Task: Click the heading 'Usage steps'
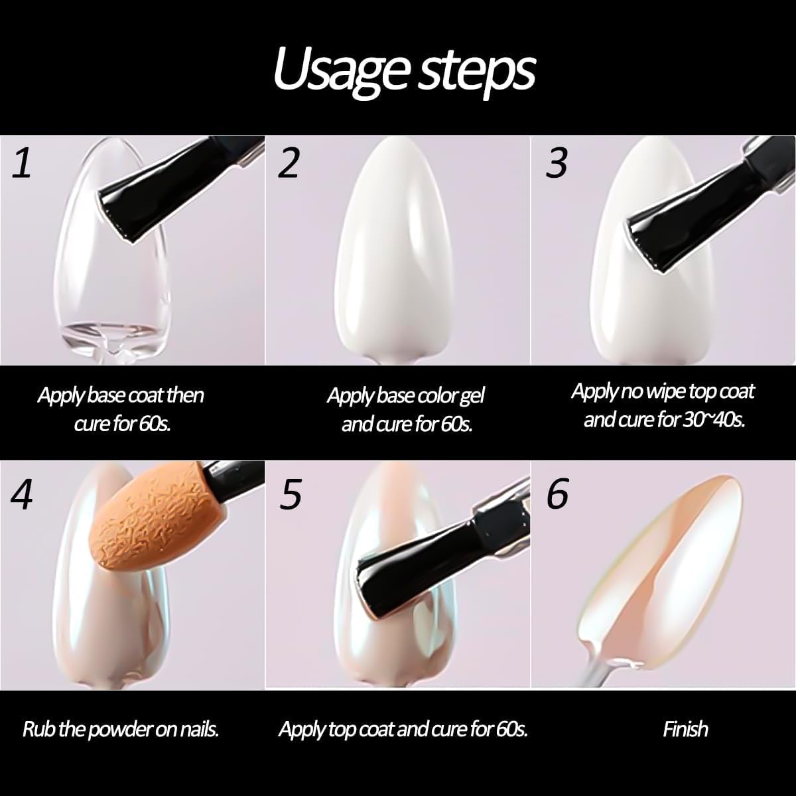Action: [x=403, y=70]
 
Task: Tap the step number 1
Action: [x=22, y=163]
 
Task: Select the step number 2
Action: [x=288, y=163]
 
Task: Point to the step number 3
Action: [x=557, y=163]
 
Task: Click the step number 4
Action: [x=22, y=494]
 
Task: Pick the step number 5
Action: [x=290, y=494]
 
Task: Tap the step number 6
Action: [x=557, y=494]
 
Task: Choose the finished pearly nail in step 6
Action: [x=657, y=570]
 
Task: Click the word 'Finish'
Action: [x=685, y=730]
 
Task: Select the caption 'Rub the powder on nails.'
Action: [x=121, y=730]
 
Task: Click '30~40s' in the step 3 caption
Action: [x=713, y=420]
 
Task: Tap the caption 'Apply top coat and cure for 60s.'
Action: [x=403, y=730]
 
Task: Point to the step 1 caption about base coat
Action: [x=121, y=409]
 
